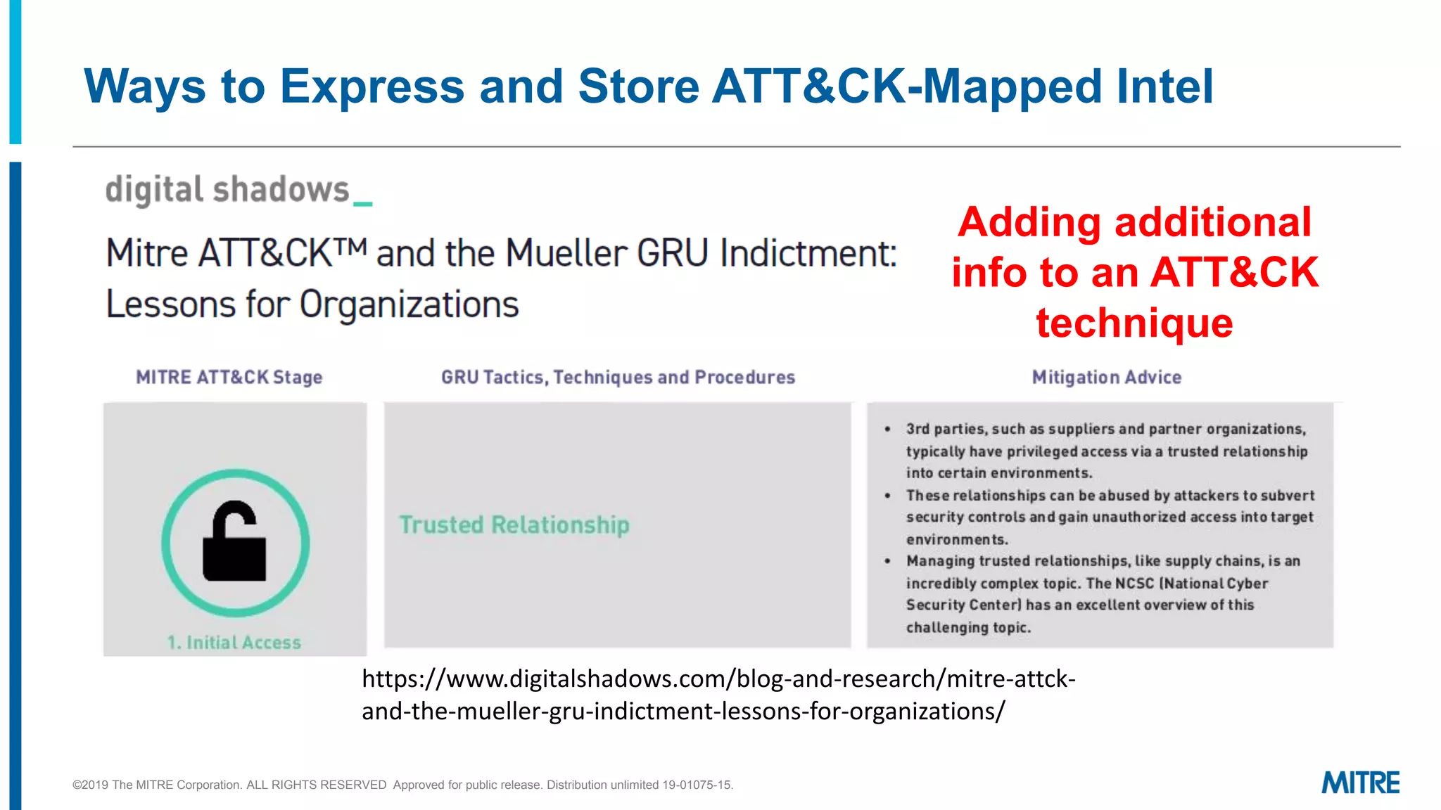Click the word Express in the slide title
tap(372, 87)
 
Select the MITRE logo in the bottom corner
tap(1360, 783)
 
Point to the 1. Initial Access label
tap(234, 642)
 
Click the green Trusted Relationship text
tap(514, 525)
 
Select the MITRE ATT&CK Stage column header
tap(229, 378)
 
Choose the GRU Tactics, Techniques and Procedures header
tap(618, 378)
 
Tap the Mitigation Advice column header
tap(1106, 378)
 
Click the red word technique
tap(1134, 323)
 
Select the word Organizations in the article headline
tap(409, 304)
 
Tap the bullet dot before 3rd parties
tap(888, 429)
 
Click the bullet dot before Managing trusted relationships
tap(888, 561)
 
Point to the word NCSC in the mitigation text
tap(1134, 583)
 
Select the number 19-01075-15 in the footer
tap(697, 785)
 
